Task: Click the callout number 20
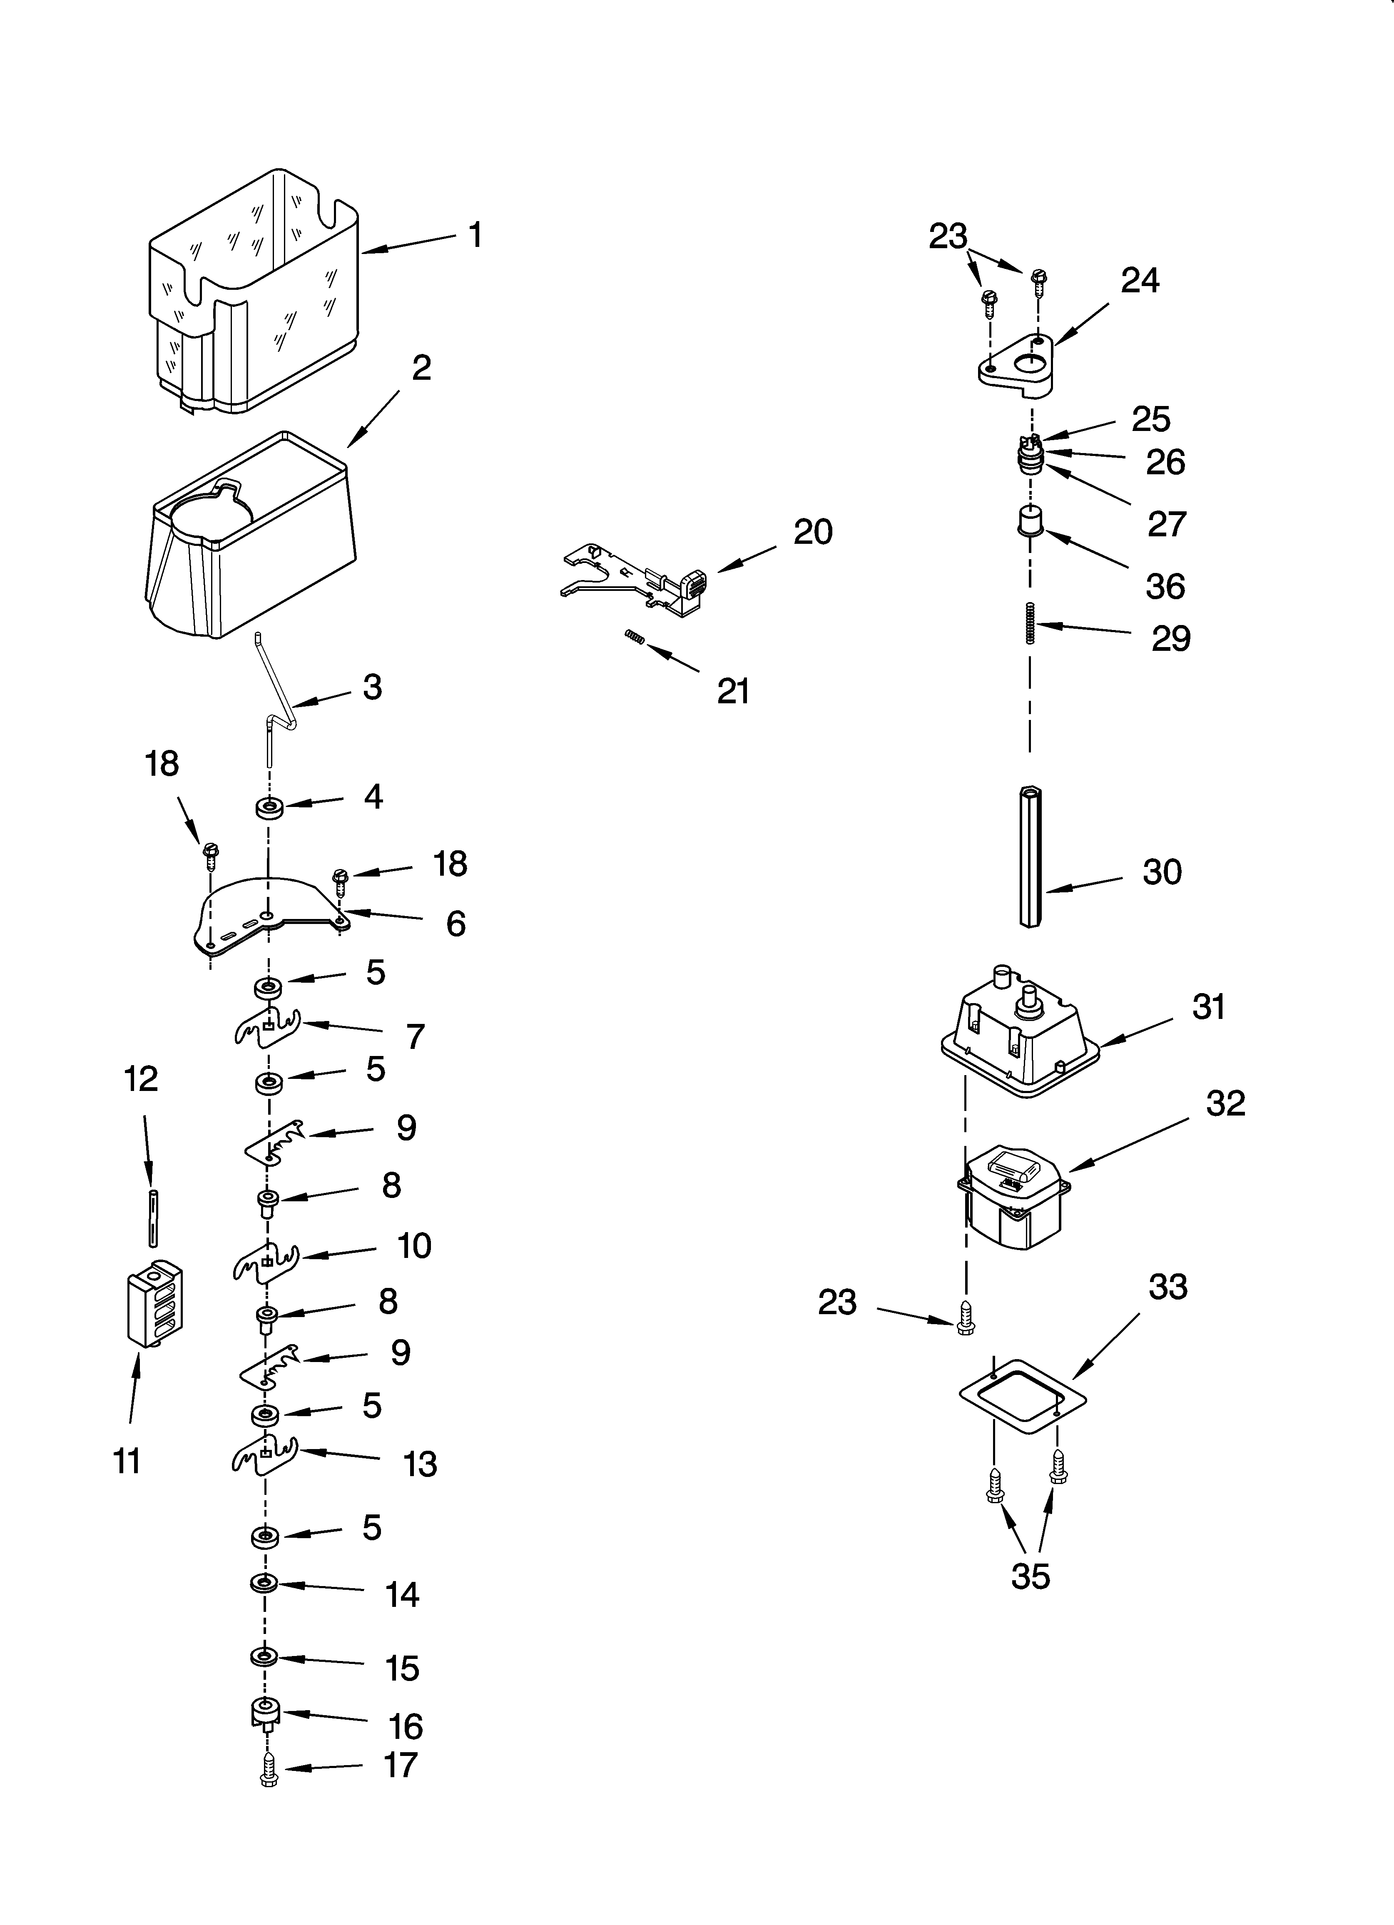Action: pyautogui.click(x=812, y=532)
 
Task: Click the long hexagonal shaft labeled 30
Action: pyautogui.click(x=1030, y=857)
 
